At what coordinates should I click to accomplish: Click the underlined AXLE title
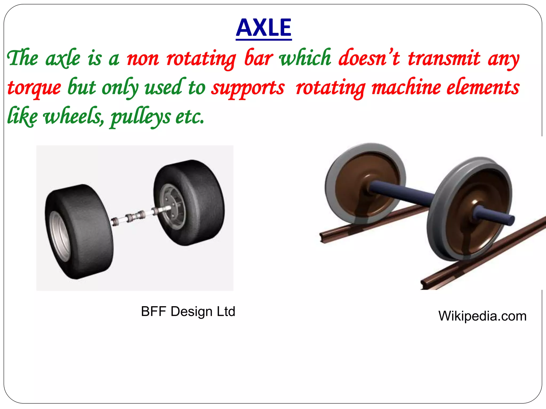pos(264,28)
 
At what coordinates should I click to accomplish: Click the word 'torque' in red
pos(34,88)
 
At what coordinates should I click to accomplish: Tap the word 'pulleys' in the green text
pos(140,117)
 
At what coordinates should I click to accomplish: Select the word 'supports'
pos(248,88)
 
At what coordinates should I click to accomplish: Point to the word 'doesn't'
pos(369,58)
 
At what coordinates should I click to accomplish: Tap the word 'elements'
pos(483,88)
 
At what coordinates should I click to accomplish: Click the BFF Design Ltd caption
pos(188,311)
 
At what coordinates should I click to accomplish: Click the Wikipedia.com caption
pos(482,316)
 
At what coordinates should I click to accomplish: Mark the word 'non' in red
pos(143,59)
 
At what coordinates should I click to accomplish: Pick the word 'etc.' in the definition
pos(190,117)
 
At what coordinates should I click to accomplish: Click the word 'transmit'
pos(444,58)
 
